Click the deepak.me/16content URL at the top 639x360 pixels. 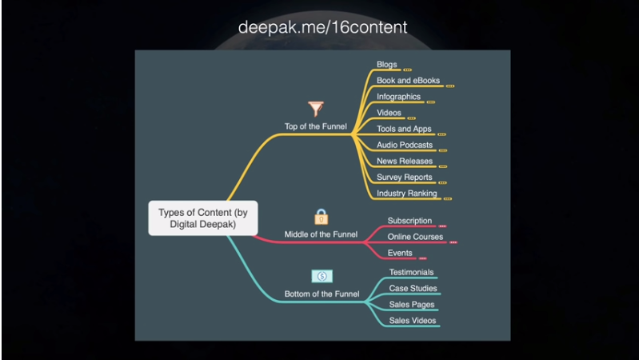[x=322, y=26]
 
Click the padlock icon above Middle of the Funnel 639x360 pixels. [x=321, y=216]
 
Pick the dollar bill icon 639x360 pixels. [x=321, y=276]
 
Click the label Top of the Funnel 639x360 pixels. [x=316, y=126]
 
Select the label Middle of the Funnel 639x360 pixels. [x=321, y=234]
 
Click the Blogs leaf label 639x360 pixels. [x=387, y=65]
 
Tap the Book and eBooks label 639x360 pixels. [x=408, y=81]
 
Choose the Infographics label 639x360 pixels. [x=398, y=97]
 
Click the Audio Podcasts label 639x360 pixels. [x=405, y=145]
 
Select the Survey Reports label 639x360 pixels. [x=404, y=177]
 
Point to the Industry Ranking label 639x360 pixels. [x=406, y=193]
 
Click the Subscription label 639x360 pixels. [x=409, y=221]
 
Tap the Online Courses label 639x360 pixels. [x=415, y=237]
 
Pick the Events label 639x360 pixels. [x=400, y=253]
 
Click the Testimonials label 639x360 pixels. [x=411, y=272]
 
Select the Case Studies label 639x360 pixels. [x=413, y=288]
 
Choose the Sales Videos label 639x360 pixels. [x=413, y=320]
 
